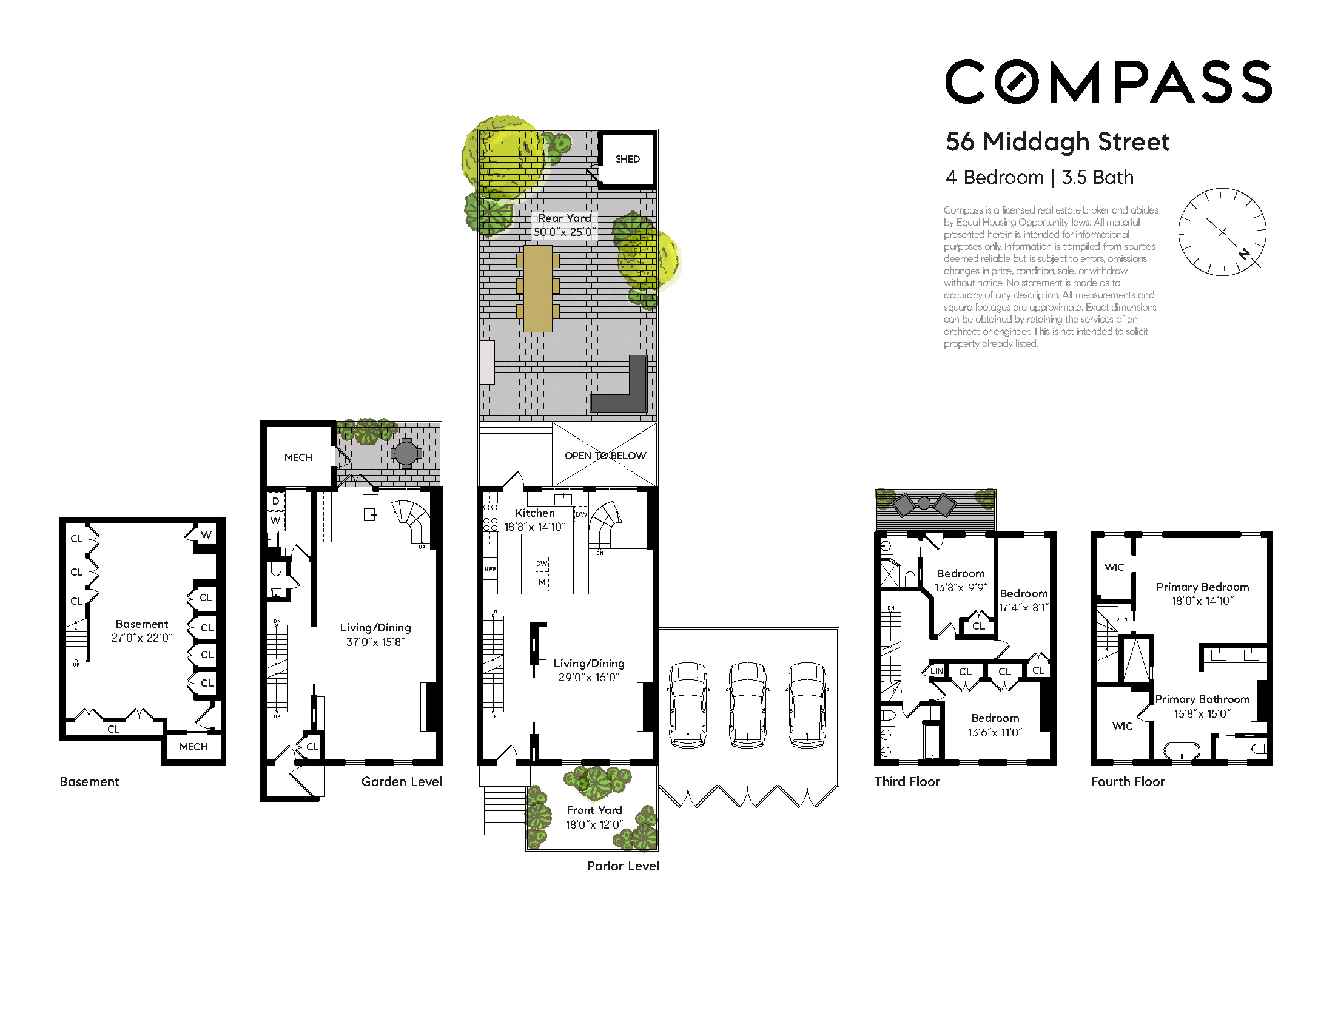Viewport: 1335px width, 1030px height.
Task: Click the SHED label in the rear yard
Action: (627, 159)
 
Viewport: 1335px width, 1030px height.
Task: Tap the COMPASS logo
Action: (1108, 81)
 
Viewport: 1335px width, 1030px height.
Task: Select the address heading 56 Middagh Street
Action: (1057, 141)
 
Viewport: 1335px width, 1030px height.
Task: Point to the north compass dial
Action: (1222, 232)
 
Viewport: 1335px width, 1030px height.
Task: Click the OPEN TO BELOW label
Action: (605, 456)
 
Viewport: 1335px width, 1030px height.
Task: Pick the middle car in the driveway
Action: (748, 704)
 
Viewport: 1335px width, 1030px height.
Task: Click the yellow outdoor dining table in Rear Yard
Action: (538, 289)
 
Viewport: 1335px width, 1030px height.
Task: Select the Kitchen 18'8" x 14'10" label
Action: (535, 520)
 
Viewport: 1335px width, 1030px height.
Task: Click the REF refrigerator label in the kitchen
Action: (490, 569)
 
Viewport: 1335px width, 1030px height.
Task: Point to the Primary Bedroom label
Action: (1202, 593)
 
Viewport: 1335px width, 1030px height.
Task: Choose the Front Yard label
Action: (594, 817)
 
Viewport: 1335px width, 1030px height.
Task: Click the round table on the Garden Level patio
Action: (406, 454)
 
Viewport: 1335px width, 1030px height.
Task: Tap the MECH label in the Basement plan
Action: (193, 746)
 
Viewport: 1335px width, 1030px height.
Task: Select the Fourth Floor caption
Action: (1128, 781)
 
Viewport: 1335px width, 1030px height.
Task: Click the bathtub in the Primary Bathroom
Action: (1182, 750)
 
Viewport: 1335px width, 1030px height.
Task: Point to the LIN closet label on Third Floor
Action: (937, 671)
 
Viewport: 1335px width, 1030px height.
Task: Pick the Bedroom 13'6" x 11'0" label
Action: (995, 725)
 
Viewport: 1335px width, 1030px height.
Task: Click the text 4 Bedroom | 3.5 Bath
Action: (1039, 177)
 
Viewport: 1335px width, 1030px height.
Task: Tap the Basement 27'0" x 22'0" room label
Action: (142, 631)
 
